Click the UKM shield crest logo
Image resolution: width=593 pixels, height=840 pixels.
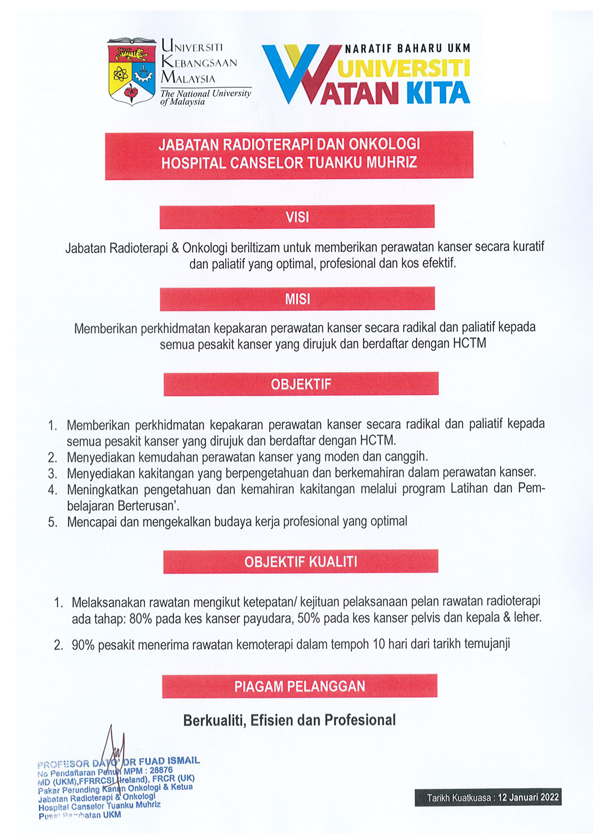(131, 72)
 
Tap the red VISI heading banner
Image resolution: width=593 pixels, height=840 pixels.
(297, 217)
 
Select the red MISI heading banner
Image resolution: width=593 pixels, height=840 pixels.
(297, 299)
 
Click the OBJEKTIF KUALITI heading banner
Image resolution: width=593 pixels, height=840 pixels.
(300, 562)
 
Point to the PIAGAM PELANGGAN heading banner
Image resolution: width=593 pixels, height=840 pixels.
(299, 686)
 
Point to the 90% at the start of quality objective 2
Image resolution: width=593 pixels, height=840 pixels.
(83, 645)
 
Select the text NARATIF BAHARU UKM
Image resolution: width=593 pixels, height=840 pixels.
(408, 49)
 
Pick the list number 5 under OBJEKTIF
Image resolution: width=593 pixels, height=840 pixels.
(52, 522)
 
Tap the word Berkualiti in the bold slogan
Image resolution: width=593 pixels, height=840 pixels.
(214, 720)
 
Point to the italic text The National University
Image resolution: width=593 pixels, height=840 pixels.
(206, 93)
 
